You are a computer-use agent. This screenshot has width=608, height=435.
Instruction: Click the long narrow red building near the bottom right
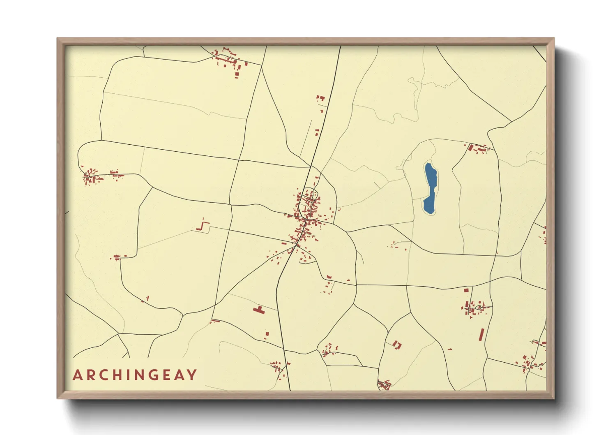pyautogui.click(x=481, y=334)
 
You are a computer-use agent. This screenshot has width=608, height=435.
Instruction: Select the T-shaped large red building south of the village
pyautogui.click(x=259, y=310)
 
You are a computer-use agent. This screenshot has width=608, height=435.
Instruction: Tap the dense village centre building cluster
pyautogui.click(x=306, y=218)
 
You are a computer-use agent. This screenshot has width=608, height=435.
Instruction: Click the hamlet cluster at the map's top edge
pyautogui.click(x=228, y=60)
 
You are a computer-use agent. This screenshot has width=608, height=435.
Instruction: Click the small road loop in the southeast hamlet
pyautogui.click(x=478, y=307)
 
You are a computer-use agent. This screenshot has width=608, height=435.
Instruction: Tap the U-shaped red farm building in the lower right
pyautogui.click(x=396, y=345)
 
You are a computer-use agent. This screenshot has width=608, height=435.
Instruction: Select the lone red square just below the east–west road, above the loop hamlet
pyautogui.click(x=466, y=290)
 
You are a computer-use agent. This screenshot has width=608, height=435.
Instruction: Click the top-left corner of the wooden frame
pyautogui.click(x=58, y=39)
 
